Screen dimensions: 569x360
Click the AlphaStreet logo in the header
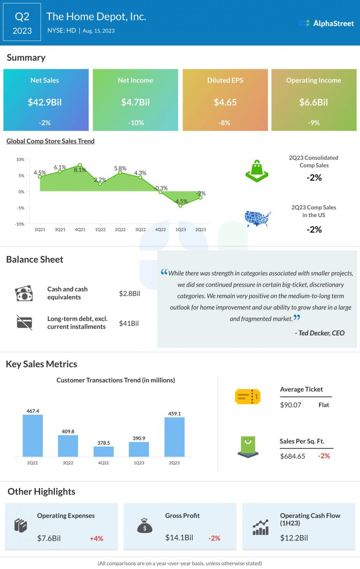[327, 23]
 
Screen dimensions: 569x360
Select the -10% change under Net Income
[135, 122]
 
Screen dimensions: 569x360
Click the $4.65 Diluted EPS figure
[225, 102]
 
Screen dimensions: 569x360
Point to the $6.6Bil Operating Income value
[314, 102]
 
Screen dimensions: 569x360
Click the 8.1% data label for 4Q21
[80, 170]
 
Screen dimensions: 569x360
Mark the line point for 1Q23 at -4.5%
[180, 205]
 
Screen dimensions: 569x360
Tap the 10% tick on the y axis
[20, 159]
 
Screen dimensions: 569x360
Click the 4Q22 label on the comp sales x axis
[160, 229]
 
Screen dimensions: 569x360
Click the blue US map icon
[257, 219]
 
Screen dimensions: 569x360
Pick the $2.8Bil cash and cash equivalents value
[129, 294]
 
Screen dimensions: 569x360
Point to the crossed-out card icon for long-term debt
[24, 323]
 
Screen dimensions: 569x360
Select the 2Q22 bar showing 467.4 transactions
[33, 436]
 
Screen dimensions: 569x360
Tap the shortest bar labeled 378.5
[104, 451]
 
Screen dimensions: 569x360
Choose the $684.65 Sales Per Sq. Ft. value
[292, 456]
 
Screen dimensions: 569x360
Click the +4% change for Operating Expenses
[96, 539]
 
